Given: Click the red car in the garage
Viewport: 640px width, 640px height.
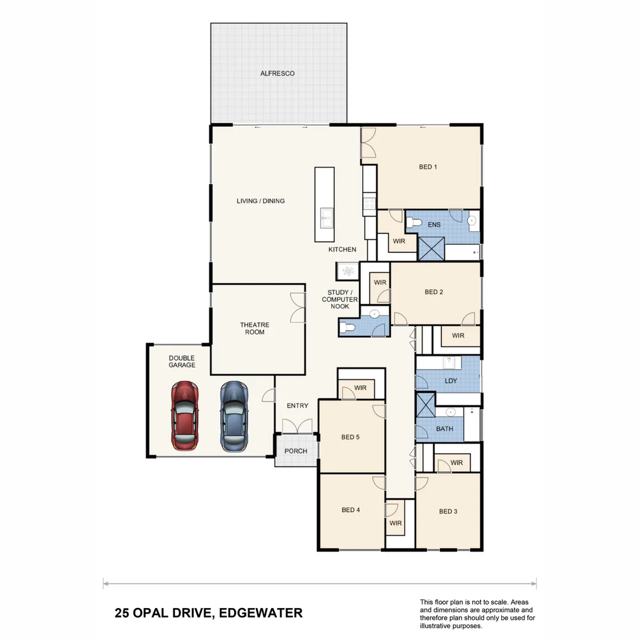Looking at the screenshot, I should (x=184, y=416).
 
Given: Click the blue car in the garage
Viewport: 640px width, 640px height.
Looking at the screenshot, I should (x=234, y=416).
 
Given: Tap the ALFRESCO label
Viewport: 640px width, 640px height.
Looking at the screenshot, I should (x=277, y=73).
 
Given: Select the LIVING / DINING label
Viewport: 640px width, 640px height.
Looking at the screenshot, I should (x=261, y=201).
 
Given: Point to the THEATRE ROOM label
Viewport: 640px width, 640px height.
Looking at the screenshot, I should (x=255, y=328).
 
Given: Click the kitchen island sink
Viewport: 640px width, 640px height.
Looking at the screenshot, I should (x=325, y=217).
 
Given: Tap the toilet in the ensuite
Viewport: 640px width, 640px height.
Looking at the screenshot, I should (x=414, y=223).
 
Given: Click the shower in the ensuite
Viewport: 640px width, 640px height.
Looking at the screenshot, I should (x=431, y=248).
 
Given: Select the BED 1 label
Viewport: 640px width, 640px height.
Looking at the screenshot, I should (x=428, y=167).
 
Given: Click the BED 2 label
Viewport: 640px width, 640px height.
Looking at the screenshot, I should (x=434, y=292).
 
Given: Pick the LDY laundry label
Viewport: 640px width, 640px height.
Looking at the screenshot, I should (x=450, y=380).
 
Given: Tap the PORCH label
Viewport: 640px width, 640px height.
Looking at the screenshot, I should (x=296, y=451).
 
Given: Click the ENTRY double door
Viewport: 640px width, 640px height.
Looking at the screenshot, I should (x=297, y=426).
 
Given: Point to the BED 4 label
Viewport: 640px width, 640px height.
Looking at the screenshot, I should (x=351, y=510).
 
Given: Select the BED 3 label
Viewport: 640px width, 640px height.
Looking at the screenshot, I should (x=448, y=511).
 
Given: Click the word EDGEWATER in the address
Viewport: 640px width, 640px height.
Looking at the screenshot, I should (x=261, y=613).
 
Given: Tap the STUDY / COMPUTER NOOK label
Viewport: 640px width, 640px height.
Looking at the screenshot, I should (x=340, y=299).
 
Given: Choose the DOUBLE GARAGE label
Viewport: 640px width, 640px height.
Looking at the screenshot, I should (x=181, y=361).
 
